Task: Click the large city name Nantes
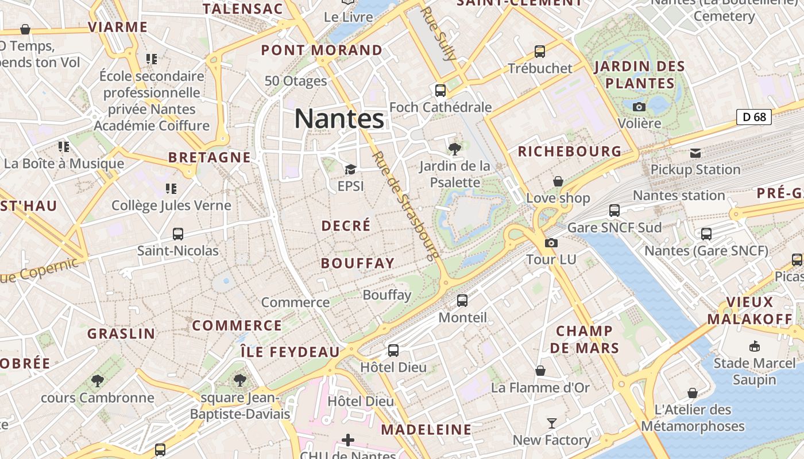click(x=339, y=119)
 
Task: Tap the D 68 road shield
click(x=753, y=117)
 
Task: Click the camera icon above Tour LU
click(x=551, y=243)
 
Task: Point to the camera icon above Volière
click(x=639, y=107)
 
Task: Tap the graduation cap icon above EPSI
click(x=350, y=169)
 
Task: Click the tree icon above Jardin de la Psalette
click(x=454, y=149)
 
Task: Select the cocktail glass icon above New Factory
click(x=551, y=423)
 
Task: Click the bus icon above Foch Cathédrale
click(x=440, y=91)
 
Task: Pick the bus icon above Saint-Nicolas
click(x=178, y=234)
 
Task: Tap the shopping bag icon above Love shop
click(x=558, y=181)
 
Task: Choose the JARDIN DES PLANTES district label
click(x=640, y=75)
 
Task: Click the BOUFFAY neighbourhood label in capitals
click(x=358, y=263)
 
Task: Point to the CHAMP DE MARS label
click(x=585, y=339)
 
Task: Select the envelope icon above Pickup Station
click(x=695, y=153)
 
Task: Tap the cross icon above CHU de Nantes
click(x=348, y=440)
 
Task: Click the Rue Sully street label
click(x=439, y=33)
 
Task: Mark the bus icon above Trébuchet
click(x=540, y=52)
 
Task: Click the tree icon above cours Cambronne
click(x=97, y=380)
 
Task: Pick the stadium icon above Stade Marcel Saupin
click(x=755, y=346)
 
